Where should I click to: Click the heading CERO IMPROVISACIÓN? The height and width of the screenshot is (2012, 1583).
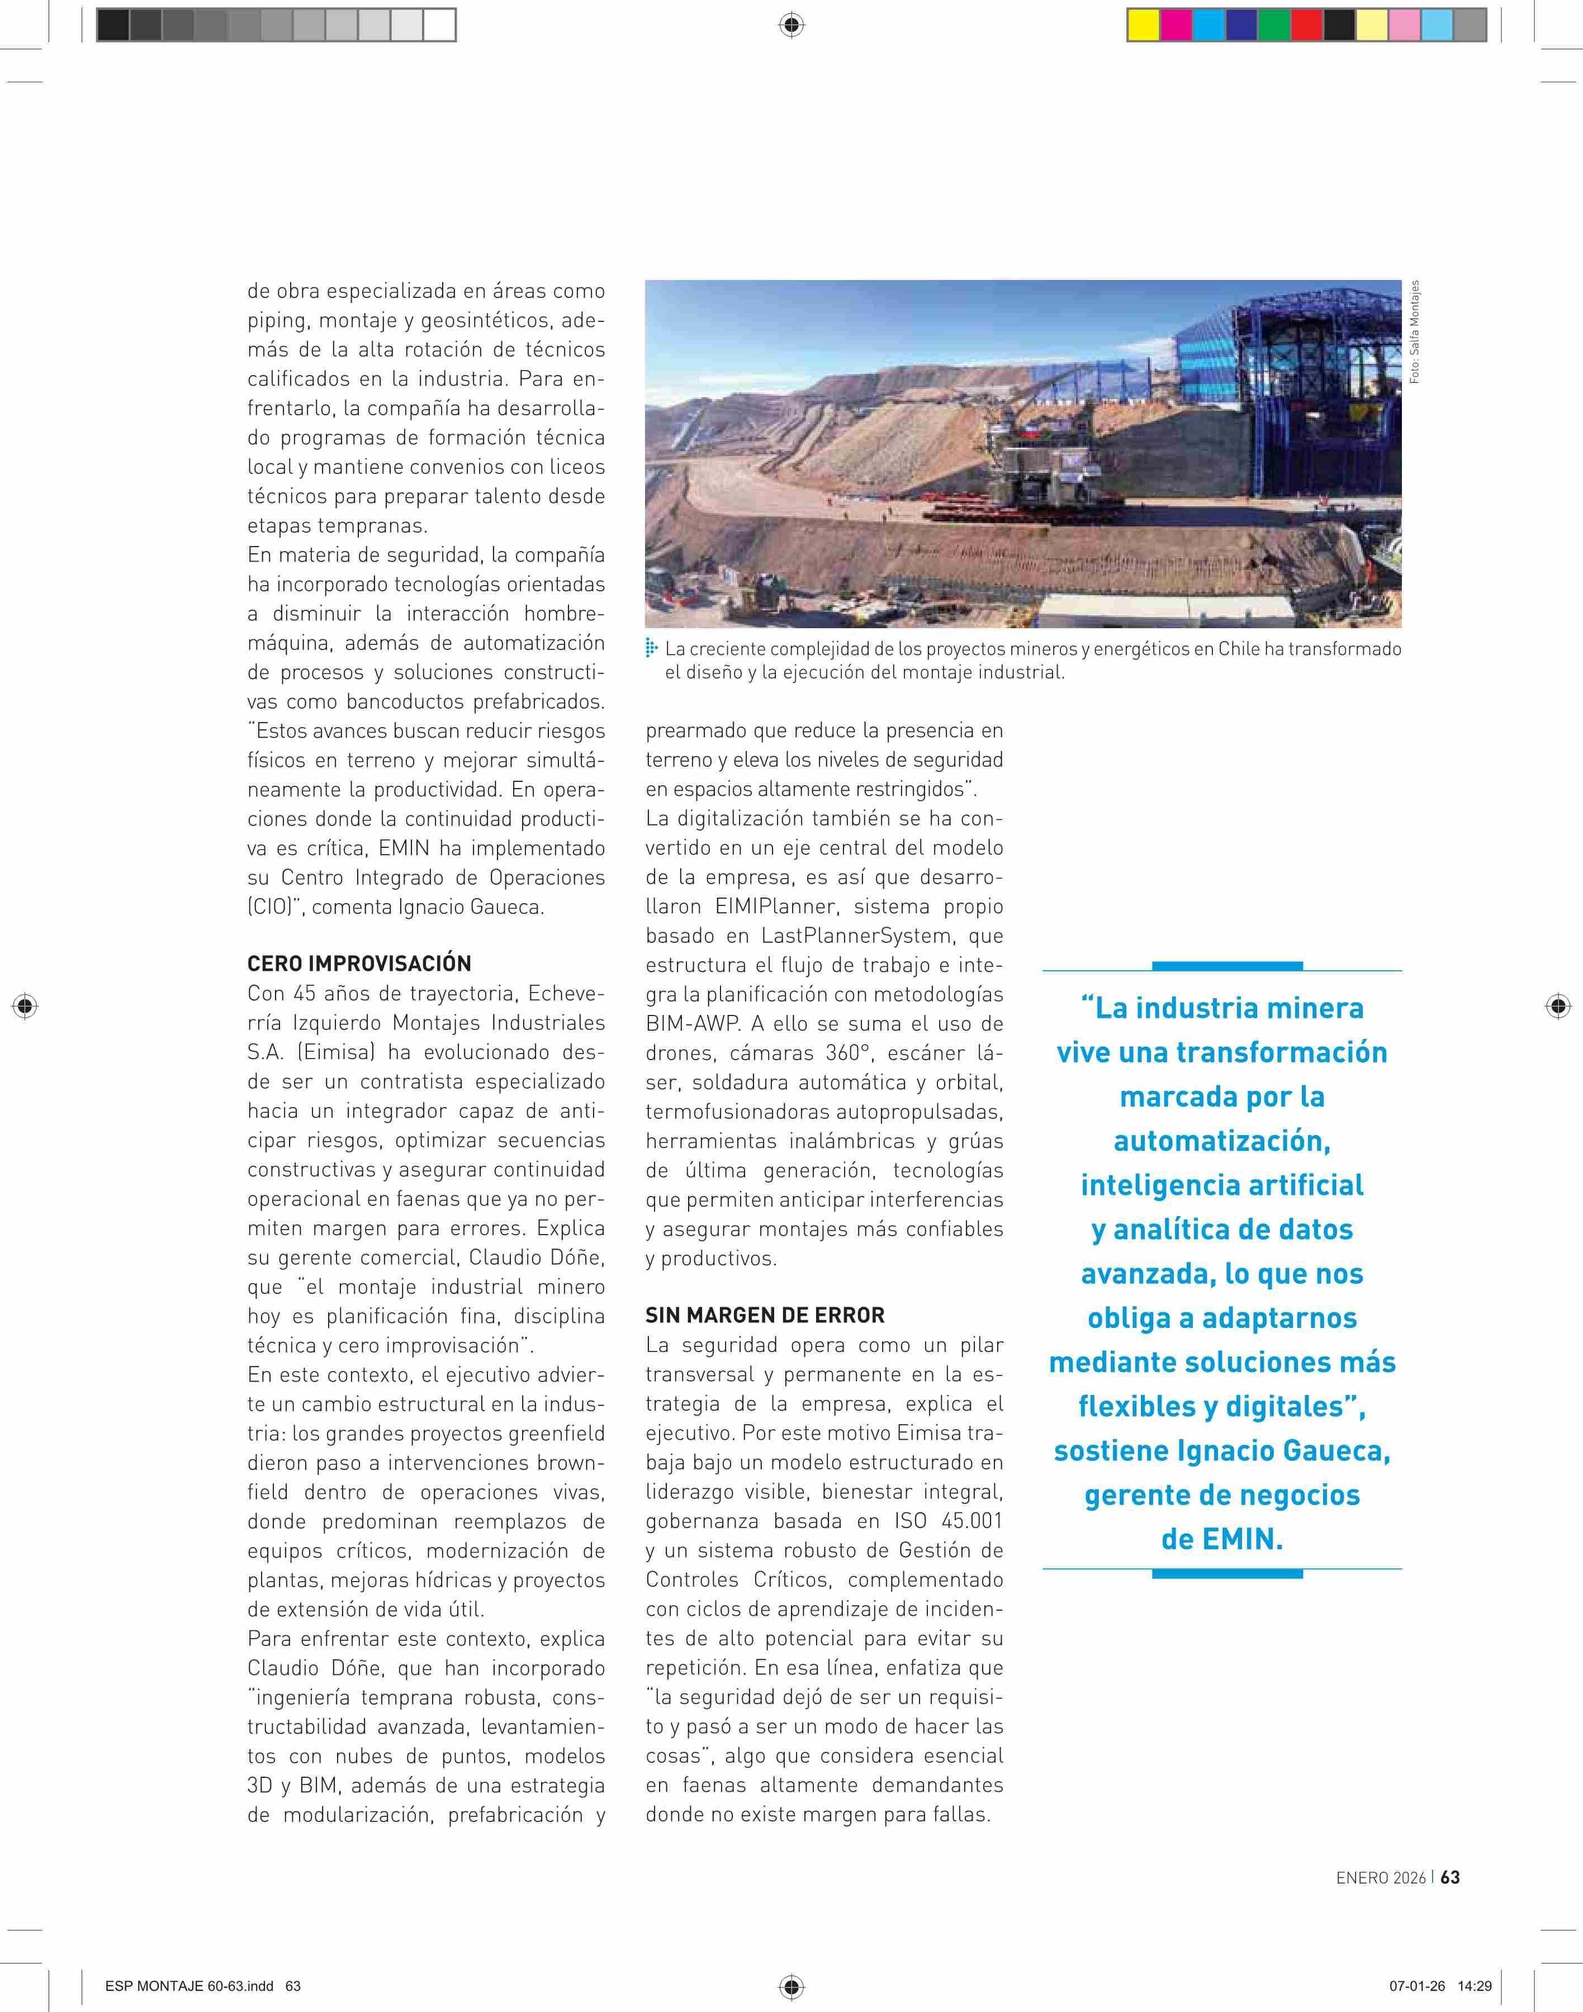[x=359, y=963]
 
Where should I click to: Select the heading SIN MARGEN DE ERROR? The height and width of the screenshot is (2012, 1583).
[x=765, y=1315]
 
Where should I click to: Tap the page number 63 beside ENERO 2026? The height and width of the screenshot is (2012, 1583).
[x=1451, y=1877]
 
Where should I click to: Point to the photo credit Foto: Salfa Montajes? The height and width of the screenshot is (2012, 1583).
[x=1414, y=332]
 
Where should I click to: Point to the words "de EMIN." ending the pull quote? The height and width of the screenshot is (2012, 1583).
[x=1221, y=1539]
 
